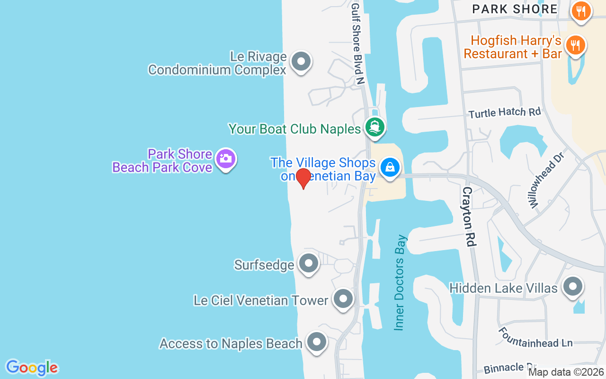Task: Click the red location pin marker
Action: coord(303,178)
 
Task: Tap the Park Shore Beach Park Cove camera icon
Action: coord(226,159)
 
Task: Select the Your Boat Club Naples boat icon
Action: coord(375,127)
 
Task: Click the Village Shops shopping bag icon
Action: coord(390,168)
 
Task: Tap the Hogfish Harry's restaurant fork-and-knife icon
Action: coord(575,45)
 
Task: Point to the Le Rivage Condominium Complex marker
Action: coord(300,62)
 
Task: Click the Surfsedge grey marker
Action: coord(309,263)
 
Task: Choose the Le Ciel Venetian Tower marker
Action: coord(343,299)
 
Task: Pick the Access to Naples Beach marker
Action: coord(316,342)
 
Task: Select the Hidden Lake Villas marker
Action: coord(573,287)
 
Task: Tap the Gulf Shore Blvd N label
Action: coord(357,43)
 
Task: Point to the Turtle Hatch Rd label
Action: coord(504,113)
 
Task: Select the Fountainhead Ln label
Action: coord(535,337)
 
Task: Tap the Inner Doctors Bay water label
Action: coord(401,282)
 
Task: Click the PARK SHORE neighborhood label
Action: coord(515,9)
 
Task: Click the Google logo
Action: coord(32,368)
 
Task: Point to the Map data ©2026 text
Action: coord(566,372)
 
